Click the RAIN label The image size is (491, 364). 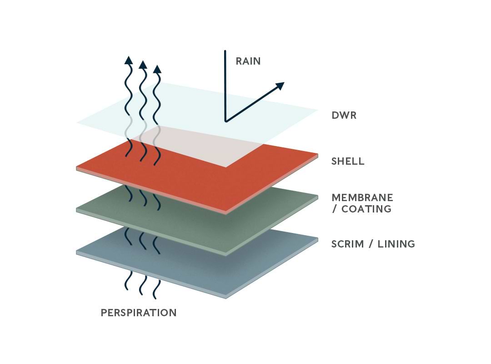coord(248,61)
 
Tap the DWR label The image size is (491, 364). coord(344,115)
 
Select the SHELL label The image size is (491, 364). coord(348,161)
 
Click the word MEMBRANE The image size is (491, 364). coord(362,198)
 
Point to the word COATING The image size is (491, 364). coord(366,209)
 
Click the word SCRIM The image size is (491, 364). coord(348,244)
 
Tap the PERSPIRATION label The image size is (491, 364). coord(139,313)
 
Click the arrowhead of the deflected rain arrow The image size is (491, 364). coord(280,86)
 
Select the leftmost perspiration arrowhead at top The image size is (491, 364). coord(129,60)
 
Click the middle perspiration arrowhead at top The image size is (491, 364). coord(143,64)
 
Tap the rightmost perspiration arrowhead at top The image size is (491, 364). coord(157,69)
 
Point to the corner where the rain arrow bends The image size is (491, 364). coord(225,121)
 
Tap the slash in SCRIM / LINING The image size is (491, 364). coord(371,244)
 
